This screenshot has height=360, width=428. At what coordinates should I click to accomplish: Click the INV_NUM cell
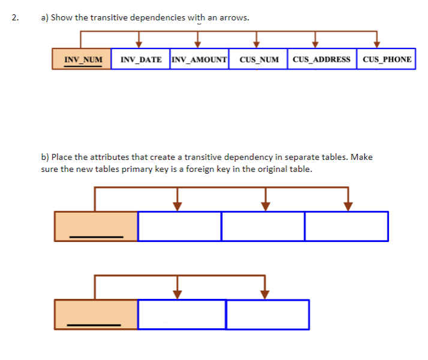pos(82,59)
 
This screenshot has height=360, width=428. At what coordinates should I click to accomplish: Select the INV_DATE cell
pos(141,59)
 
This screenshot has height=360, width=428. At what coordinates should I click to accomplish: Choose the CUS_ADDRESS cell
pos(322,59)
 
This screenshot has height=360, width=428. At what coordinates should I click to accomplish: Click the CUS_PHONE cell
pos(387,59)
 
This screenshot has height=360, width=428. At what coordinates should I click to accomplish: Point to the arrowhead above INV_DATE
pos(139,43)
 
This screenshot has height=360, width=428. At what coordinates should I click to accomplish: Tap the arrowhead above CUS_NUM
pos(257,43)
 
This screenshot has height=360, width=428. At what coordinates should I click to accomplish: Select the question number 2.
pos(15,17)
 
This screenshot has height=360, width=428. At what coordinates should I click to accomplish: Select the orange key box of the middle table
pos(96,226)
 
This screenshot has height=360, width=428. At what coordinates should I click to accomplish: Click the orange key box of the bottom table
pos(96,314)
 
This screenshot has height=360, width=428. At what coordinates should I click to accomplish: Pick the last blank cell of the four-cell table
pos(346,226)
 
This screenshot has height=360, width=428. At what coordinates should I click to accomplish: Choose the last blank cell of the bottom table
pos(268,314)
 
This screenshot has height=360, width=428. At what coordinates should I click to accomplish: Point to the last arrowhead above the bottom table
pos(265,294)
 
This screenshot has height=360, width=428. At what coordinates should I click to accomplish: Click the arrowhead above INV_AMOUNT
pos(198,43)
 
